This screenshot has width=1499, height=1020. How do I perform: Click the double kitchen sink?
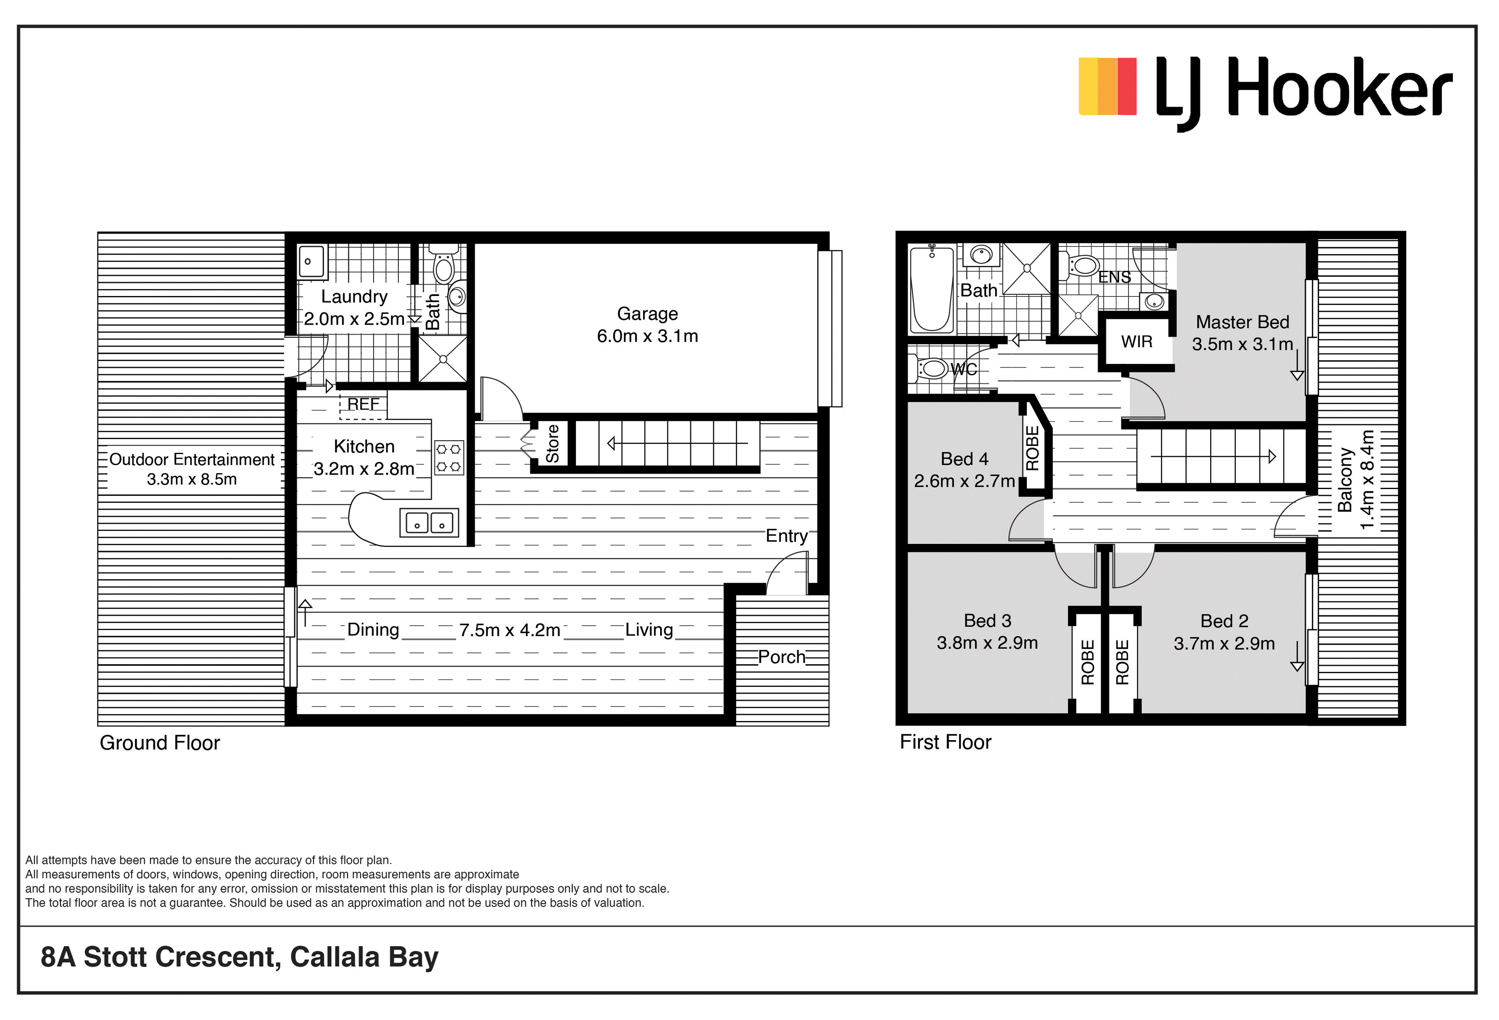click(429, 522)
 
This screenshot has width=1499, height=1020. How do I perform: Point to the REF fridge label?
click(363, 404)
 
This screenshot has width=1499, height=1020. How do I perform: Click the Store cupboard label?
click(552, 444)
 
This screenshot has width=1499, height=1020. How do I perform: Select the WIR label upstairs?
click(1137, 342)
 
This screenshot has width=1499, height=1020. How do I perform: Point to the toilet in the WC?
click(929, 369)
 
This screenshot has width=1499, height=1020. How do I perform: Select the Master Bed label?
click(1242, 322)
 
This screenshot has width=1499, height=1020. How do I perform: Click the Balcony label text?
click(1345, 481)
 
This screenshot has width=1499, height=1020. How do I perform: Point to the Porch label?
click(782, 657)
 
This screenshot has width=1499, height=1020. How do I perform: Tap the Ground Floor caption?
click(159, 743)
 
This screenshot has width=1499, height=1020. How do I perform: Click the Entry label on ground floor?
click(786, 536)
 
